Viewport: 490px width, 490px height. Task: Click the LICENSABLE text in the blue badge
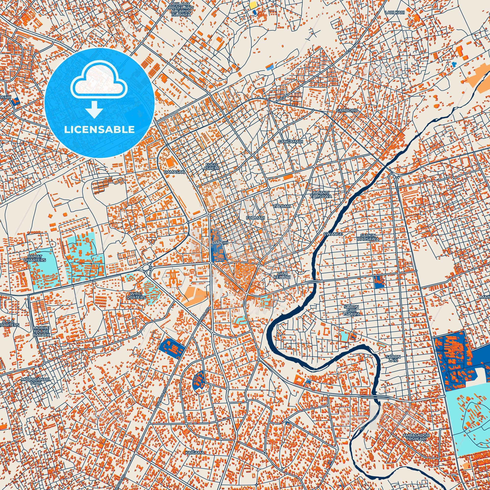coord(99,130)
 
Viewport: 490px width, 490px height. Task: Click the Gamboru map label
coord(343,111)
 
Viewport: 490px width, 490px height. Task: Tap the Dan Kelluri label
coord(284,275)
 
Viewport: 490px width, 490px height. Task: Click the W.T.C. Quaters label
coord(136,295)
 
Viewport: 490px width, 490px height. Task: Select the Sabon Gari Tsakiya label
coord(351,310)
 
